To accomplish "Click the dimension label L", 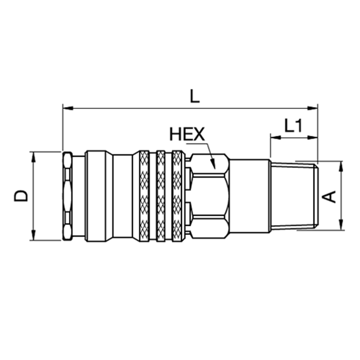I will point(194,96).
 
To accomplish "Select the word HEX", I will point(187,134).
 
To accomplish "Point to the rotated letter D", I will point(21,196).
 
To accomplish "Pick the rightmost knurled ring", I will point(177,196).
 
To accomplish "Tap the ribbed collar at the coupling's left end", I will point(67,196).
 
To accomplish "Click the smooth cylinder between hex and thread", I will point(249,196).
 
